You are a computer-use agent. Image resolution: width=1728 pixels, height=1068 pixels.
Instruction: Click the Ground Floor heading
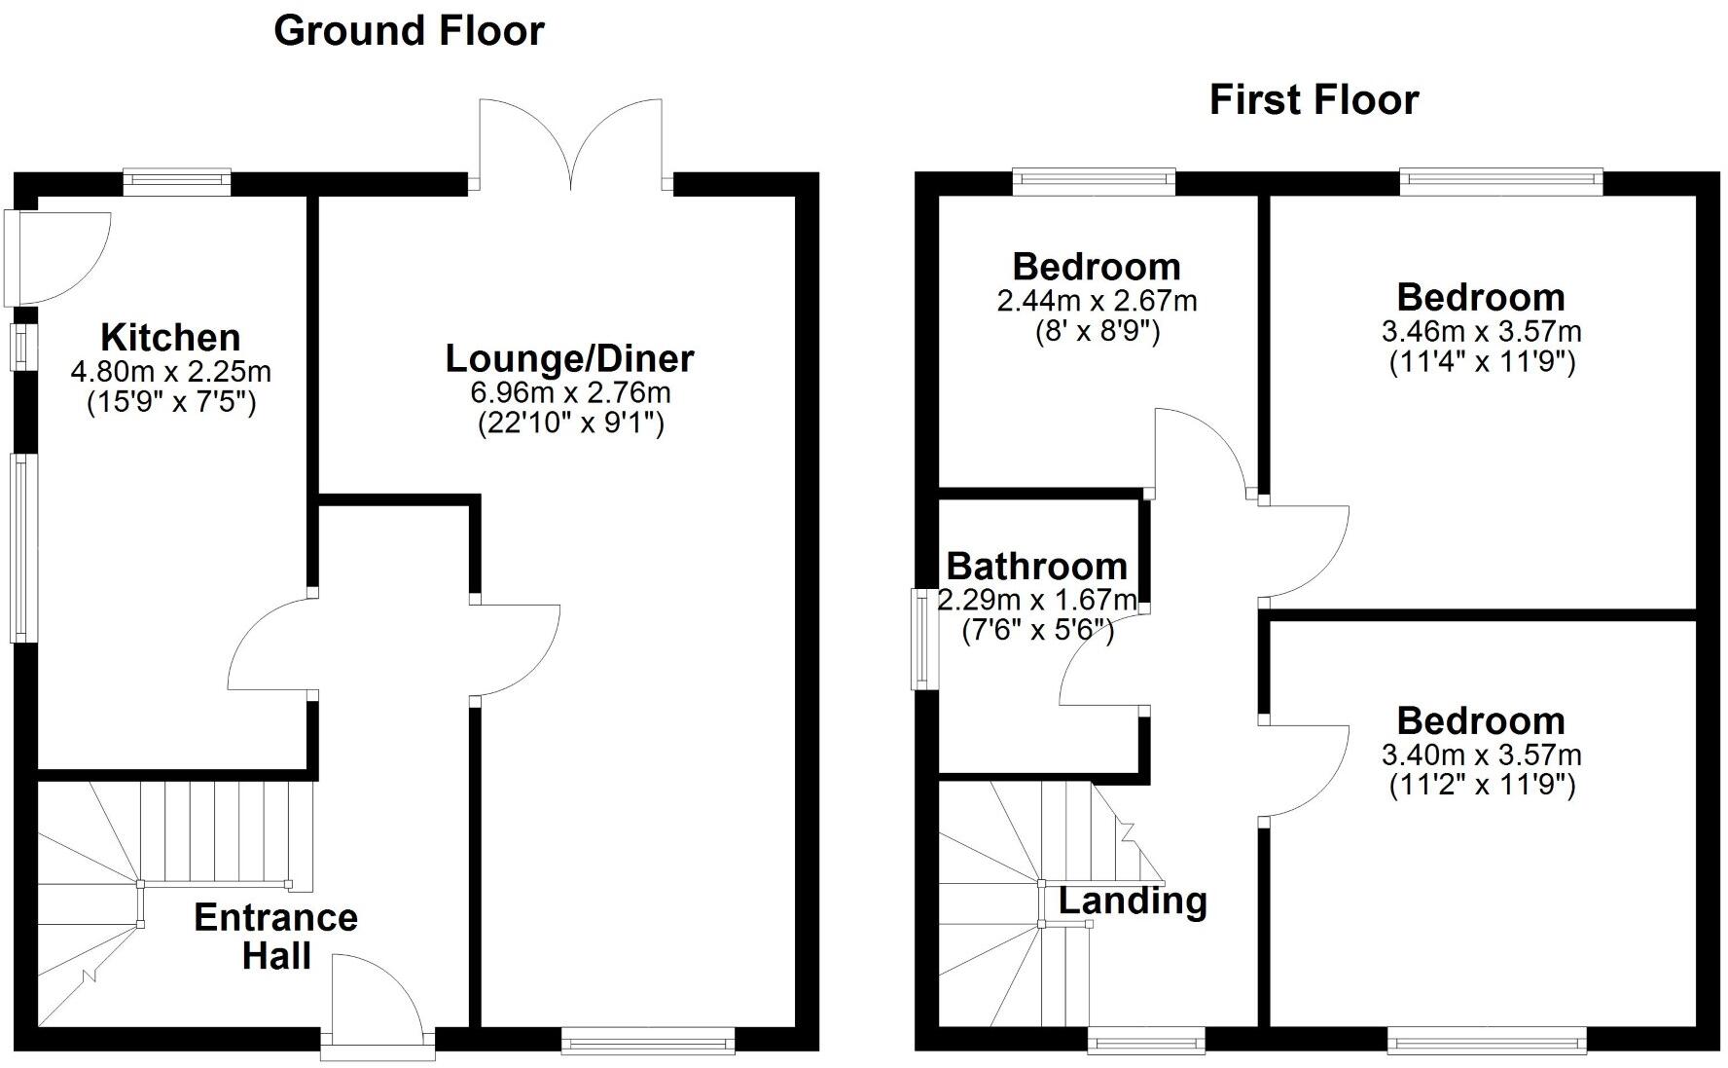[409, 31]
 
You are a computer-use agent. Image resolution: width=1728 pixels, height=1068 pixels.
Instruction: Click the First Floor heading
[1314, 100]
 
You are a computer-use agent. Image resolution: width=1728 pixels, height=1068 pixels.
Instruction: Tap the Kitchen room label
[170, 338]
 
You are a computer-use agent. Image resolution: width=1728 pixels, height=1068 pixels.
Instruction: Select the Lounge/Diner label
[569, 358]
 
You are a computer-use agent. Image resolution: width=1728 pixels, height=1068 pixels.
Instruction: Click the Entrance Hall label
[275, 937]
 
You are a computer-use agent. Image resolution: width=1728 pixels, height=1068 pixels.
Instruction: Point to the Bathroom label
[1036, 566]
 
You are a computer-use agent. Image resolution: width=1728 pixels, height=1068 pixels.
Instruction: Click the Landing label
[1133, 901]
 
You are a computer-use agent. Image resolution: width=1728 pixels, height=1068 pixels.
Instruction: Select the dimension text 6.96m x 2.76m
[569, 393]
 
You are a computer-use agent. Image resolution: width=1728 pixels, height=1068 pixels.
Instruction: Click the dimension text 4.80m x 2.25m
[170, 371]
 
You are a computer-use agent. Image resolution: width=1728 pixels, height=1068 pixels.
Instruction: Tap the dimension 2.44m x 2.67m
[1097, 301]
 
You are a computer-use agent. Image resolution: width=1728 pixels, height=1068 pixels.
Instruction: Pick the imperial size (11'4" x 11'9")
[1481, 362]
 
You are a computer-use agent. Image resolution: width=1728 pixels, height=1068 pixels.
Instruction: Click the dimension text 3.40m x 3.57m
[1481, 755]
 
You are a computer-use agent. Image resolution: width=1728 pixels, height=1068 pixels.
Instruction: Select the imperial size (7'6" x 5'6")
[1037, 631]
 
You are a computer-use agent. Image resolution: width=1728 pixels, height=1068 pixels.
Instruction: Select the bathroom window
[918, 639]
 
